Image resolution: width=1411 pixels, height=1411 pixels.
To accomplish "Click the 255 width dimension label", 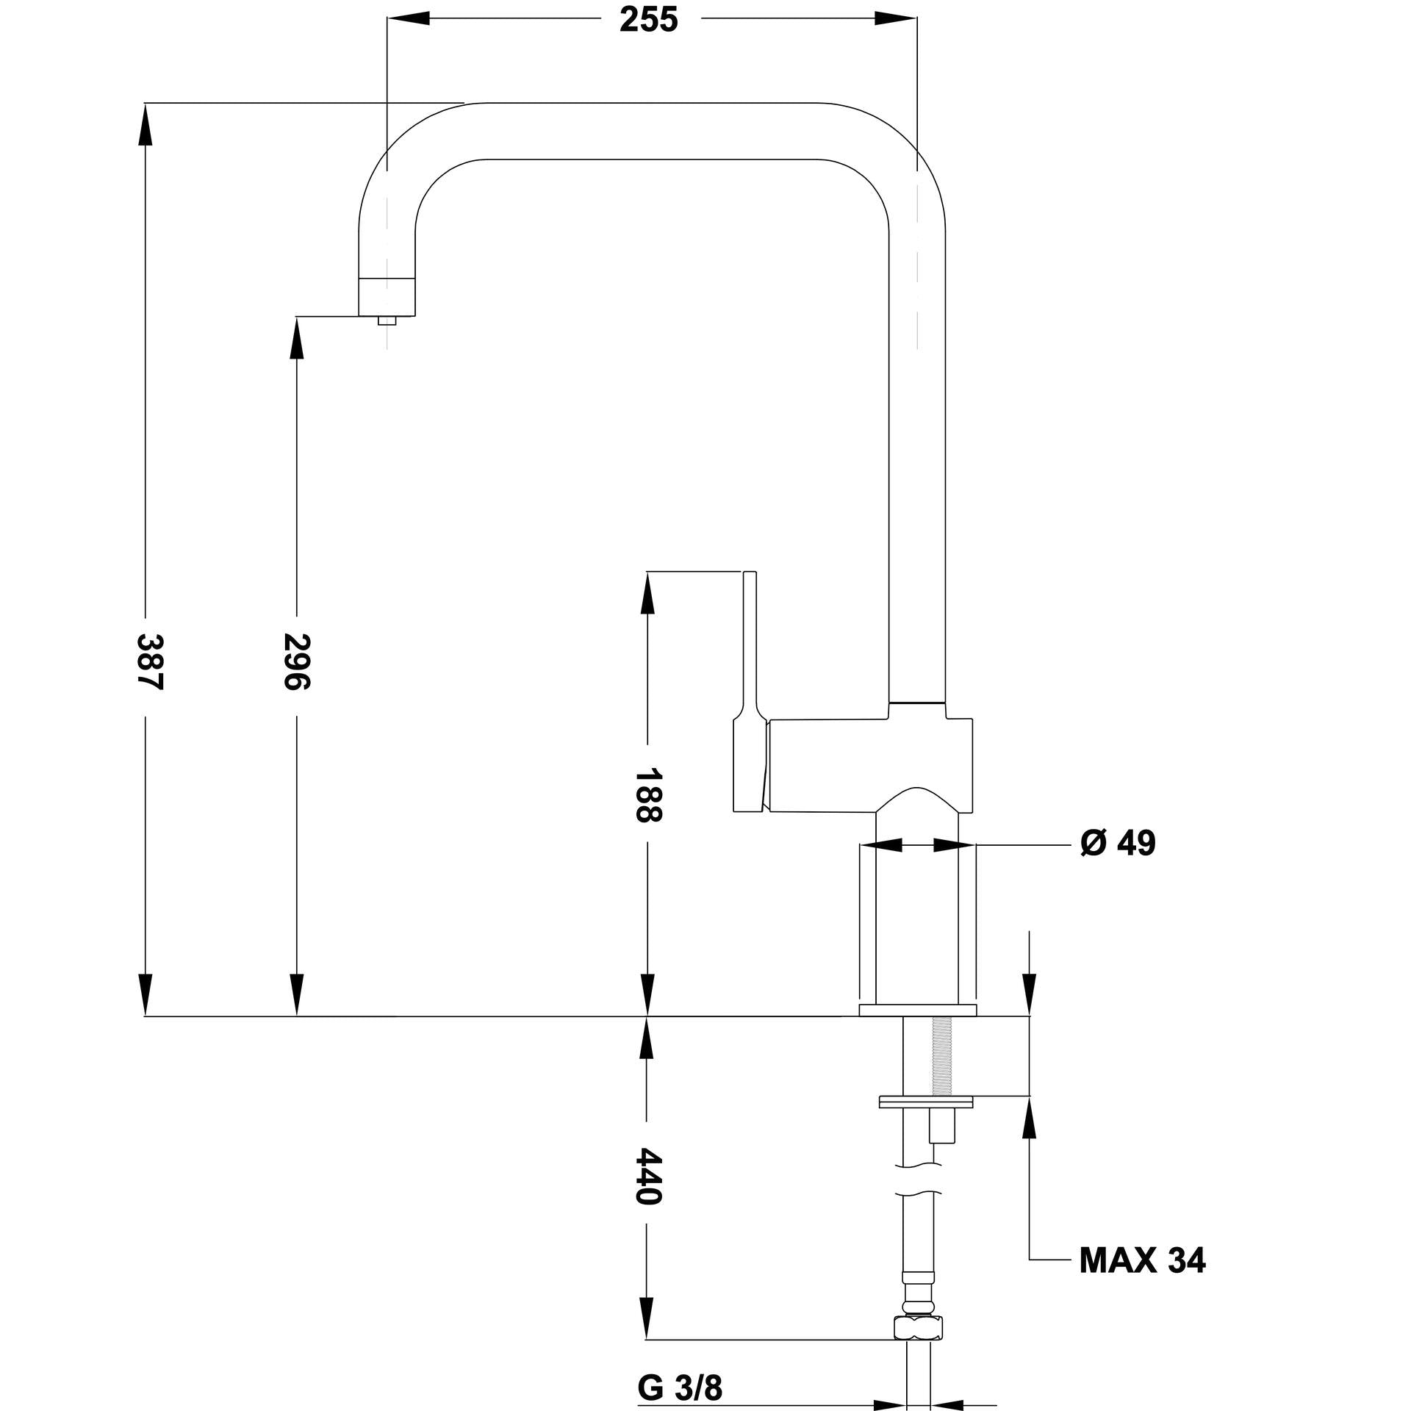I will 648,21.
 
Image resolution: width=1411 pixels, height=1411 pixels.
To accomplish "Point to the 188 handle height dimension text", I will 648,795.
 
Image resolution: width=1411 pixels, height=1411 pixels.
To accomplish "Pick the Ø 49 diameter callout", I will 1118,844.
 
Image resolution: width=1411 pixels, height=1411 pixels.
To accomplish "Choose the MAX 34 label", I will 1142,1260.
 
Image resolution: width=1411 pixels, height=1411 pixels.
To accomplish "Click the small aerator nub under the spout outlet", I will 386,320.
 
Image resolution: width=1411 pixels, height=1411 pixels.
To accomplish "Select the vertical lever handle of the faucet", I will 749,647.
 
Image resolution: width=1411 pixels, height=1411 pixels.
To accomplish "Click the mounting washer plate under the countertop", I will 926,1122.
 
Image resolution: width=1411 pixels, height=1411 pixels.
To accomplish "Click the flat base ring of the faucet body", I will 918,1010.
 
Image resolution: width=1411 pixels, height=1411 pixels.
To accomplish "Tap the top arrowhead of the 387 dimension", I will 146,121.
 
